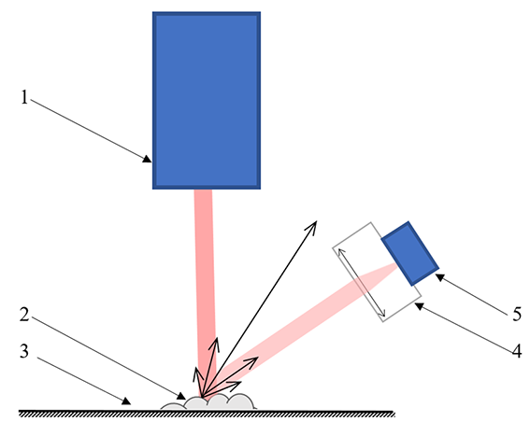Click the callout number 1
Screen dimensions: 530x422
[x=24, y=97]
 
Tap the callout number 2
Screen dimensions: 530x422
[x=24, y=314]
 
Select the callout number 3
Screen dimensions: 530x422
[x=24, y=351]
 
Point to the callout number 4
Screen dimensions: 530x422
[x=517, y=351]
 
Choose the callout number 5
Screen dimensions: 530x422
[x=517, y=315]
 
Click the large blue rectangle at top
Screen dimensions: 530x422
[x=207, y=101]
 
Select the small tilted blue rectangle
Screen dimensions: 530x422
[x=410, y=254]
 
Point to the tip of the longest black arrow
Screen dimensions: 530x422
[x=316, y=221]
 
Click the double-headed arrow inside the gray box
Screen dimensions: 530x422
[x=362, y=283]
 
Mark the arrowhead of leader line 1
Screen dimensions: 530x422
[x=148, y=159]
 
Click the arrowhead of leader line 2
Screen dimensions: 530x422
[x=182, y=396]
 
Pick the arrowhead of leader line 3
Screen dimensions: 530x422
[x=126, y=401]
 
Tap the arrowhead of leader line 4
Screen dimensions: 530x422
[x=419, y=306]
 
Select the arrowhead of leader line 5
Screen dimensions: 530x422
[x=439, y=277]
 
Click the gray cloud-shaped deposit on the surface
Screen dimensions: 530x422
[x=208, y=402]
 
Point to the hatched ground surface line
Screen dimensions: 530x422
[x=207, y=414]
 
